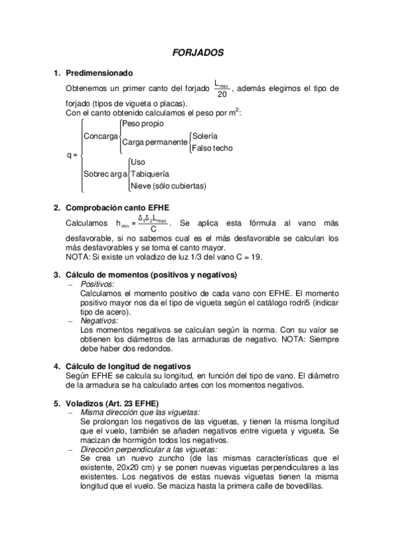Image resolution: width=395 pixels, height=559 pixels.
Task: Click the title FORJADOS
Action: (x=198, y=51)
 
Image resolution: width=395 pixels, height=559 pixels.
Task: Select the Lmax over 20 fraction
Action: (x=221, y=88)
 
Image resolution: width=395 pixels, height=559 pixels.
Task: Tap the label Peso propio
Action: (x=143, y=123)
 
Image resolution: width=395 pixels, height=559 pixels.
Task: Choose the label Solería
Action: (x=205, y=136)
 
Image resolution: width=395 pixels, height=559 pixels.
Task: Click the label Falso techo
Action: (x=212, y=148)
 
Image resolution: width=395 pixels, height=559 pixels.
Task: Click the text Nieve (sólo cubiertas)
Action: (x=168, y=186)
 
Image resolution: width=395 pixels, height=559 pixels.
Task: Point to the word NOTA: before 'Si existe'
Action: (x=77, y=256)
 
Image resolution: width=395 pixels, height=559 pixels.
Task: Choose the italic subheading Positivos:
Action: (x=97, y=283)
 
